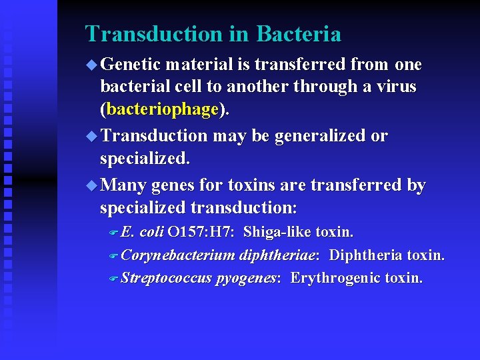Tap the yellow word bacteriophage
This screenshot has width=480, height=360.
(x=163, y=109)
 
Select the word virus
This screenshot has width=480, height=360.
(x=395, y=87)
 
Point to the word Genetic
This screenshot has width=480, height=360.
(x=132, y=65)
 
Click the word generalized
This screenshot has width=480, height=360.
(x=321, y=135)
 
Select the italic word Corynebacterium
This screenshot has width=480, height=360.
(x=179, y=255)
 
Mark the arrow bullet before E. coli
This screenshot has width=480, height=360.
(x=113, y=233)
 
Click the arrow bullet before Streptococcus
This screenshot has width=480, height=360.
(x=113, y=278)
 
